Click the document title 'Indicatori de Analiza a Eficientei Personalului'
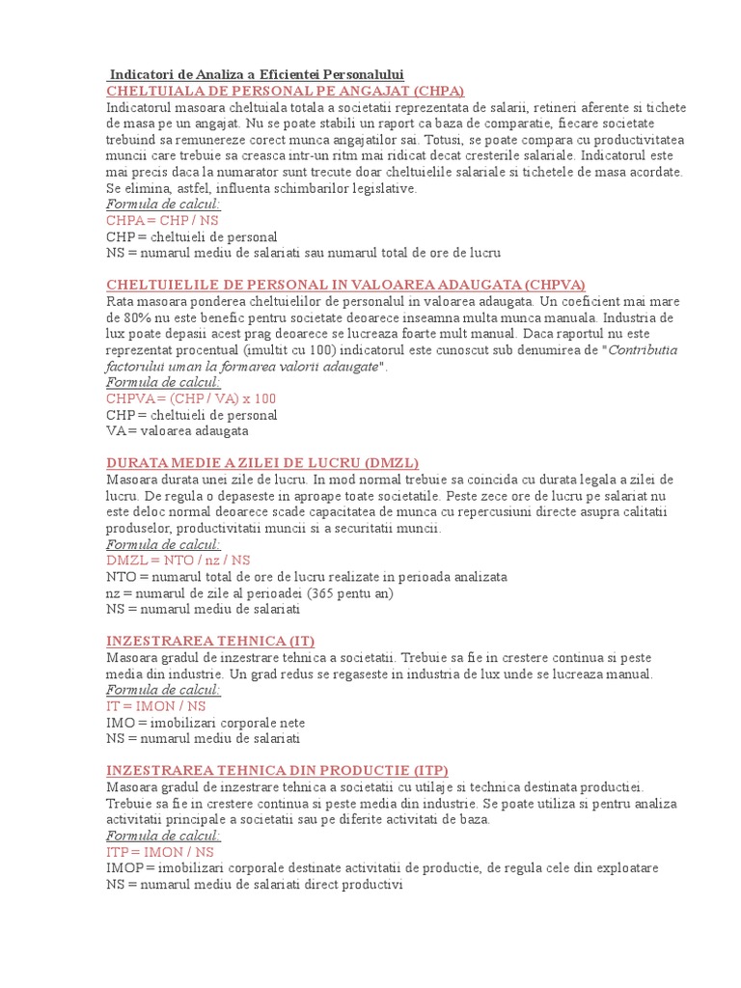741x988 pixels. [257, 75]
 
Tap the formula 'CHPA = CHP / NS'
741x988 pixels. [162, 220]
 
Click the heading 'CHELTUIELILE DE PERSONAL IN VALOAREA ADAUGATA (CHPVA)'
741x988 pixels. [345, 285]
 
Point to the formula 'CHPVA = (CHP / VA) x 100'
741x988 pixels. [191, 398]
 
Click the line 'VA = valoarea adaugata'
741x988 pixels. [178, 430]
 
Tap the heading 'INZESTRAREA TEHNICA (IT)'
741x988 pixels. [210, 641]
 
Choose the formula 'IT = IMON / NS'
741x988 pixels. [161, 706]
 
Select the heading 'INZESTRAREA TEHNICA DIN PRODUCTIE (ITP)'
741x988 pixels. [277, 771]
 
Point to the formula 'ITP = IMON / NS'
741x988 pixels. [160, 853]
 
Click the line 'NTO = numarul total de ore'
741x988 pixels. [307, 576]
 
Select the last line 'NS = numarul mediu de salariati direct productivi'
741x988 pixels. [254, 885]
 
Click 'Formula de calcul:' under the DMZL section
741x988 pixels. [163, 544]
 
